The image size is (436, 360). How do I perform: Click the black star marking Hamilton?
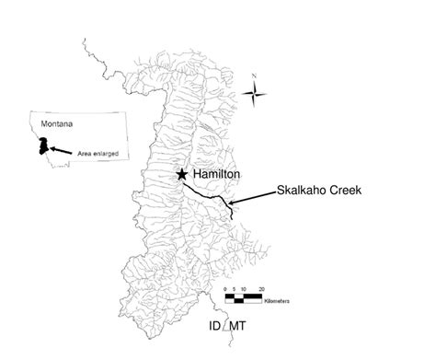(x=182, y=173)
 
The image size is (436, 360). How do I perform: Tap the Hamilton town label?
(x=215, y=173)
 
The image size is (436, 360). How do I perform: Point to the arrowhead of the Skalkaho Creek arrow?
(x=231, y=203)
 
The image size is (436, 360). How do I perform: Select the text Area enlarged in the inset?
(x=98, y=153)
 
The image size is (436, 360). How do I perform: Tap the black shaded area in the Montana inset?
(x=41, y=145)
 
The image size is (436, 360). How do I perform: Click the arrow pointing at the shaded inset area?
(x=60, y=149)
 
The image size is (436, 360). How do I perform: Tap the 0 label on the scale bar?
(x=226, y=290)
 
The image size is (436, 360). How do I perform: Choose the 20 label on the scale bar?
(x=262, y=290)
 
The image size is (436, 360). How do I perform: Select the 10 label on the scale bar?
(x=244, y=290)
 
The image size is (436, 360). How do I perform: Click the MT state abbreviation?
(x=237, y=327)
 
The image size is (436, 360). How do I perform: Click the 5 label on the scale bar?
(x=235, y=290)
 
